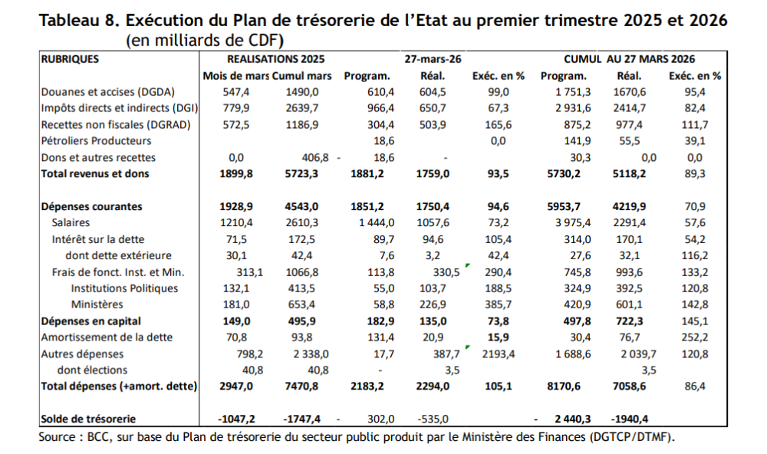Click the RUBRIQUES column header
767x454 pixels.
[x=70, y=59]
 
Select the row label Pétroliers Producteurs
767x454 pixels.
[x=97, y=141]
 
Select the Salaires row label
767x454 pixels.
[x=72, y=222]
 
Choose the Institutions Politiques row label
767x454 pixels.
[x=124, y=288]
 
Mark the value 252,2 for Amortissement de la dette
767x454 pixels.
[x=695, y=337]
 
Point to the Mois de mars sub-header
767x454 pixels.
[x=235, y=76]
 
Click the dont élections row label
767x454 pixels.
[x=95, y=370]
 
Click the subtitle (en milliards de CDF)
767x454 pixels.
[x=205, y=39]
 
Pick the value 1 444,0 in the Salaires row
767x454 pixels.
[x=371, y=222]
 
